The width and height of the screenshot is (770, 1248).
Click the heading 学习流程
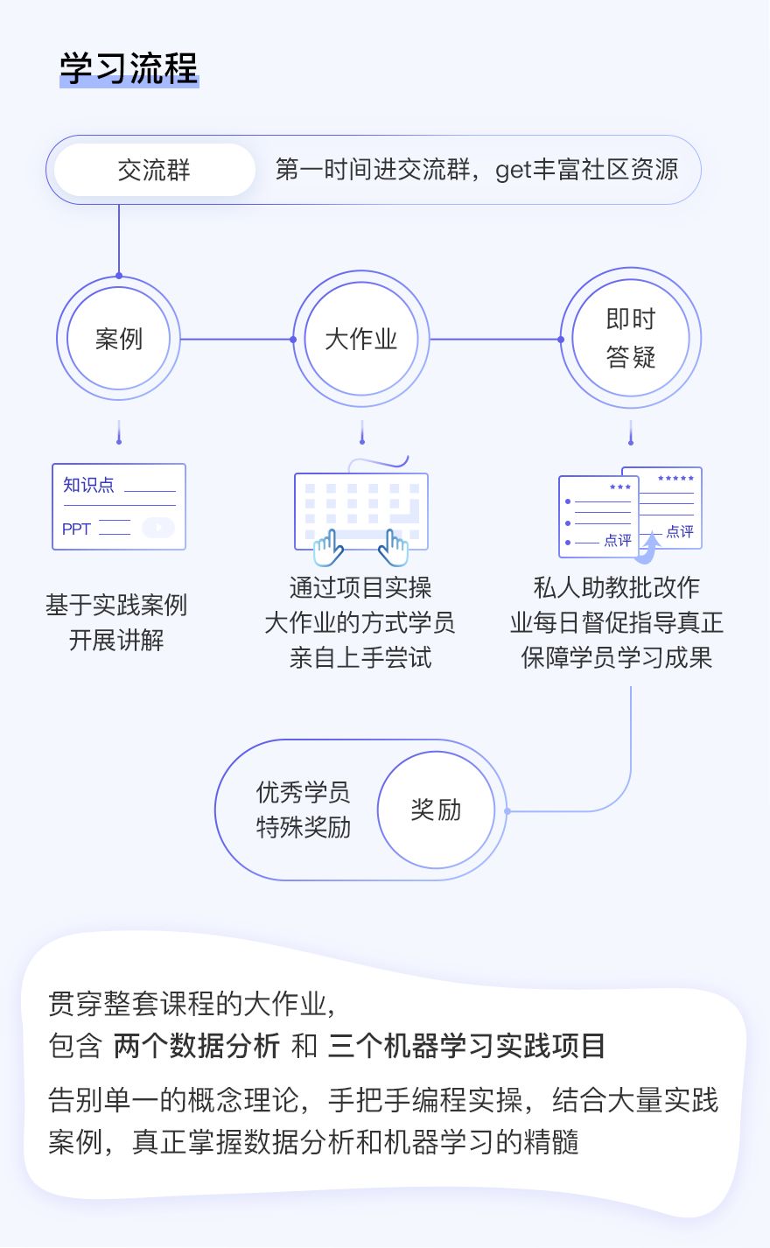pyautogui.click(x=129, y=69)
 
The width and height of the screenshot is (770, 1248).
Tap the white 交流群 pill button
pyautogui.click(x=154, y=170)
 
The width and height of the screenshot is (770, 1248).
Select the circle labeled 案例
pyautogui.click(x=119, y=339)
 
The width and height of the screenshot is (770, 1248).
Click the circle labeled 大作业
pyautogui.click(x=361, y=339)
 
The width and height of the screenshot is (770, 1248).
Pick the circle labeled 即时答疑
pyautogui.click(x=630, y=338)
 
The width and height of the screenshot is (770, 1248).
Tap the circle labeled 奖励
pyautogui.click(x=436, y=810)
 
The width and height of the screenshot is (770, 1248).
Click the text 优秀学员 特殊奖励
pyautogui.click(x=303, y=810)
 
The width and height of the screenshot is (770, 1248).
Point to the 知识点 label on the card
pyautogui.click(x=88, y=485)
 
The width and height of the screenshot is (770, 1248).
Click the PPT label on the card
pyautogui.click(x=76, y=529)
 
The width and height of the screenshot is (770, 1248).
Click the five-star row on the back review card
pyautogui.click(x=675, y=479)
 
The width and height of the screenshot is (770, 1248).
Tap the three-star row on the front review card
pyautogui.click(x=620, y=487)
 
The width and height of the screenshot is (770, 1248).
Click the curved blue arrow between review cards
pyautogui.click(x=649, y=547)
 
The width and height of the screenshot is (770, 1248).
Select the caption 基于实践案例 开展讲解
pyautogui.click(x=116, y=622)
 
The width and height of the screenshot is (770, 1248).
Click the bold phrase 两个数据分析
pyautogui.click(x=197, y=1046)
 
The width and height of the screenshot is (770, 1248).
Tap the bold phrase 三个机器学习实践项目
pyautogui.click(x=466, y=1046)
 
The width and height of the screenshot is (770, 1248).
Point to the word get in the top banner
pyautogui.click(x=514, y=170)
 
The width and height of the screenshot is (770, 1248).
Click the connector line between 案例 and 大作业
pyautogui.click(x=236, y=340)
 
